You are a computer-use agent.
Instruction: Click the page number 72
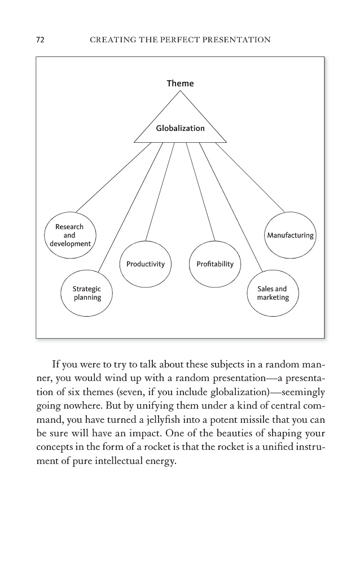[40, 40]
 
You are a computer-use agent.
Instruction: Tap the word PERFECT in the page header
[181, 40]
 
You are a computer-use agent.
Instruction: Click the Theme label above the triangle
[180, 84]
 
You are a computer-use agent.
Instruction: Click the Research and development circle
[69, 235]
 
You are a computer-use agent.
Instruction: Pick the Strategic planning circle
[86, 293]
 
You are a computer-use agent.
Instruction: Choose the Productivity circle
[146, 264]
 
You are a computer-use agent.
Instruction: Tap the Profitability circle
[214, 264]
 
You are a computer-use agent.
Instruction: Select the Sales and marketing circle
[273, 293]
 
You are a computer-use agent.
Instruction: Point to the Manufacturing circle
[290, 235]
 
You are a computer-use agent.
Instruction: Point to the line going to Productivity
[160, 192]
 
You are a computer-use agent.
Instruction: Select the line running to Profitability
[200, 192]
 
